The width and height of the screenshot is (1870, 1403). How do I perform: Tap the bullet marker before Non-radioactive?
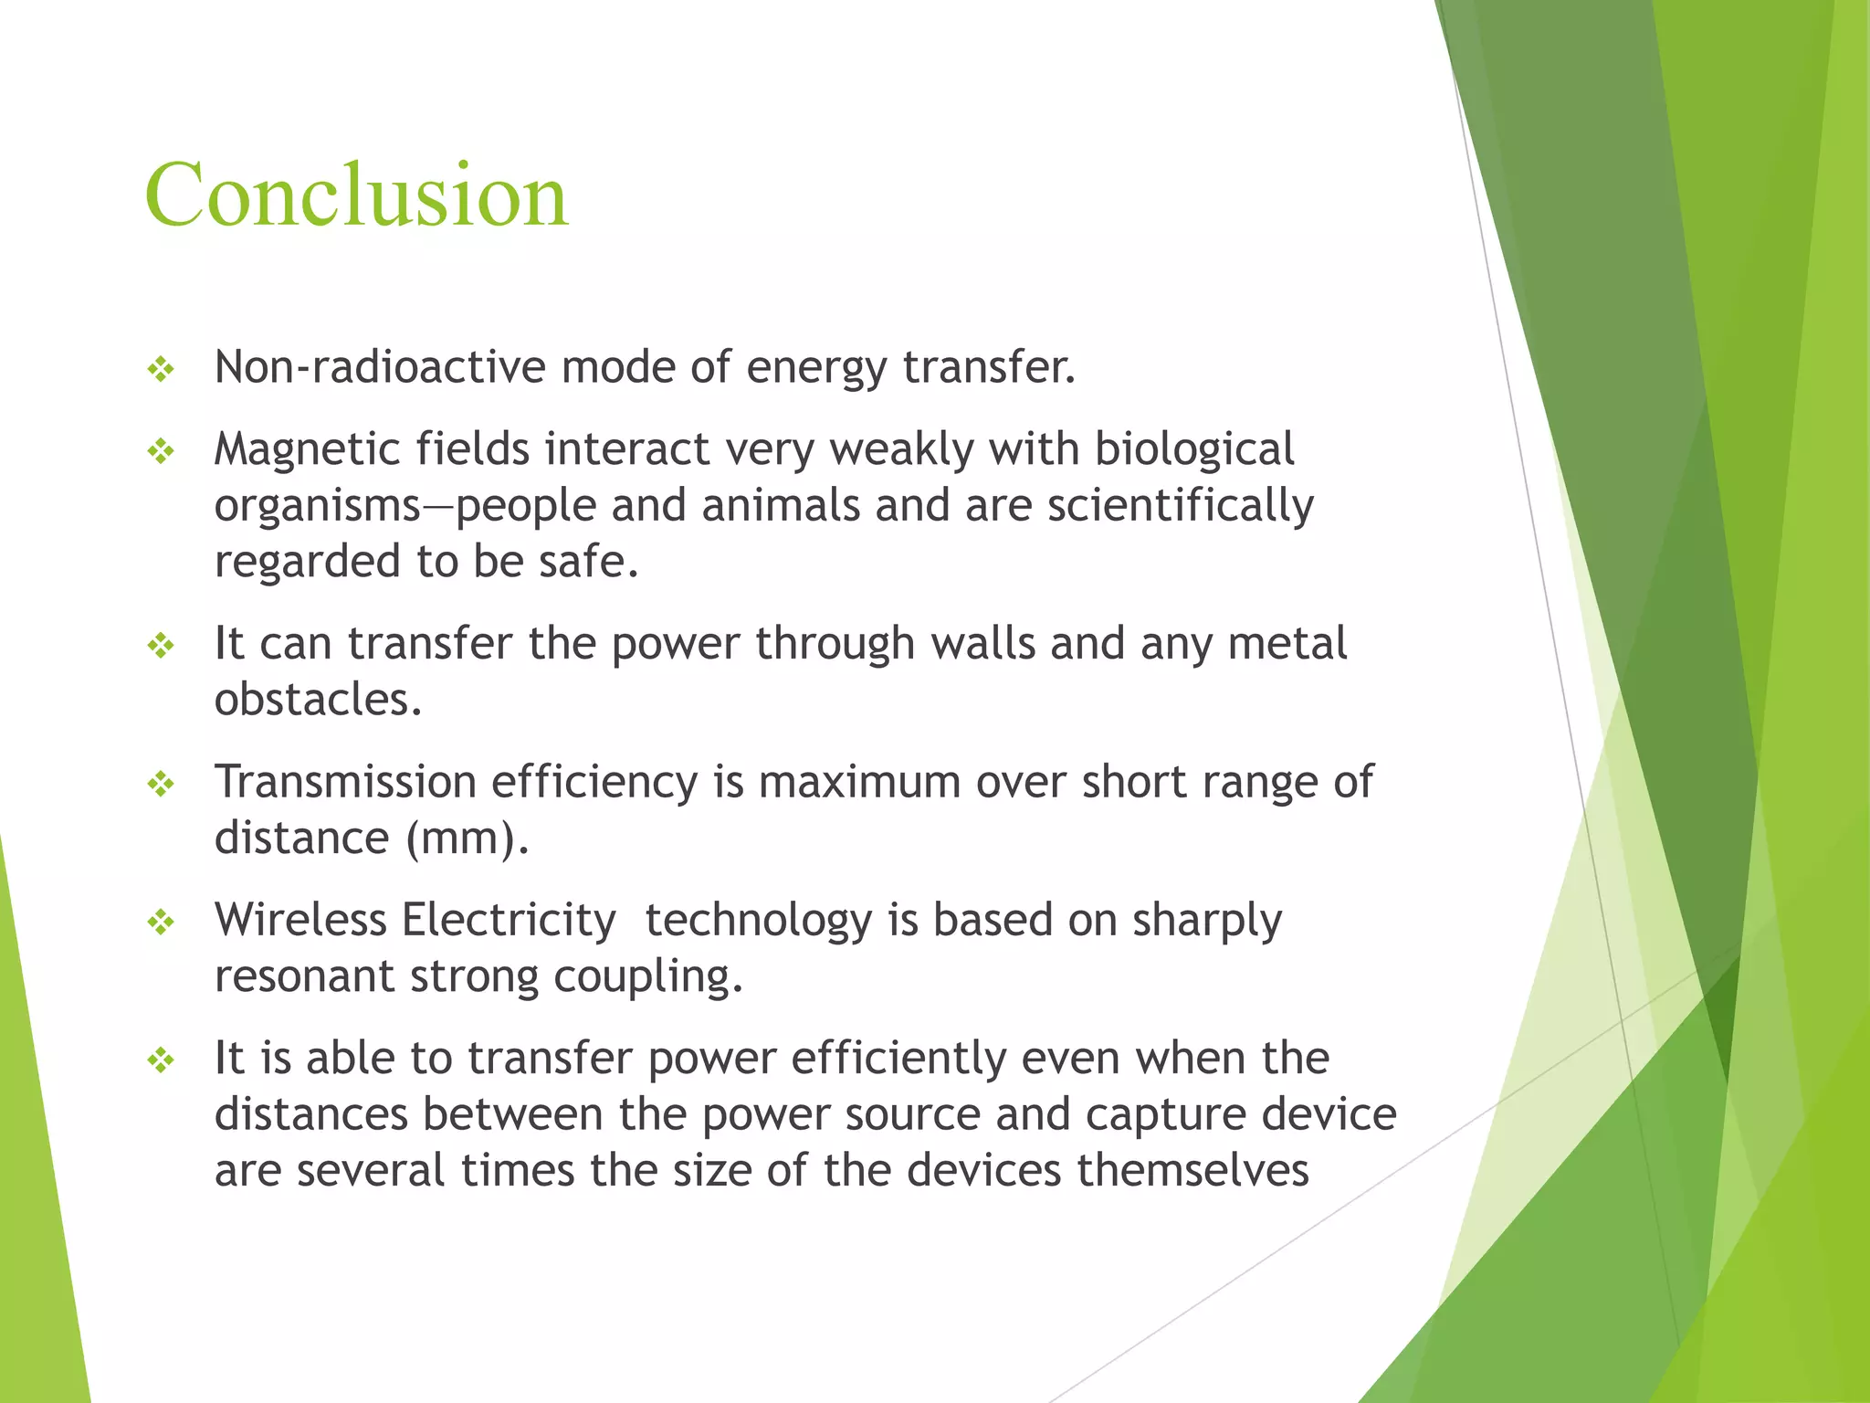[161, 369]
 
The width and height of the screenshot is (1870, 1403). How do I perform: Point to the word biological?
[1193, 449]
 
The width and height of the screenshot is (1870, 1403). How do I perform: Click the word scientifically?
[1180, 506]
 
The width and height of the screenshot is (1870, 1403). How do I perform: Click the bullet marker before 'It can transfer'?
[161, 646]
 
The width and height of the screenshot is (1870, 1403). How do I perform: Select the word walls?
[982, 643]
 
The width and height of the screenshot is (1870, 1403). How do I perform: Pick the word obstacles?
[318, 700]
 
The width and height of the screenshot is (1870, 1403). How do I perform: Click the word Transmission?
[345, 782]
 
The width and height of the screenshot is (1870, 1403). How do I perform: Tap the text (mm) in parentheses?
[467, 839]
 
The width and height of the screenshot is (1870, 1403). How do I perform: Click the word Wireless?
[300, 920]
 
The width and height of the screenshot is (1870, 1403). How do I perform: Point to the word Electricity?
[509, 920]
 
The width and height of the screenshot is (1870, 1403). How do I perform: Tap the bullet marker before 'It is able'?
[161, 1060]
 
